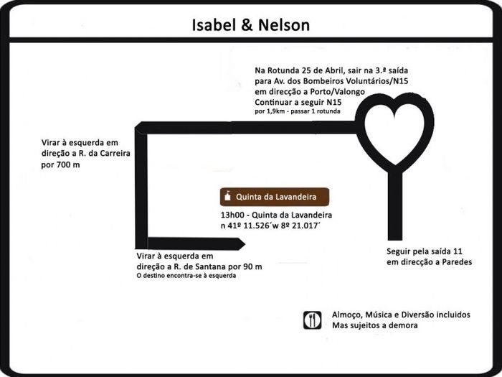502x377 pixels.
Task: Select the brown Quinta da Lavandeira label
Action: point(274,197)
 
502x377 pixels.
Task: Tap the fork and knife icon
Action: point(312,320)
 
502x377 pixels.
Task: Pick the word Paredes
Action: point(459,261)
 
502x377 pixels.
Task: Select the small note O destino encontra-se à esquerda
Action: point(186,276)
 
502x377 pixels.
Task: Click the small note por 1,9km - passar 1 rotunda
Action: point(297,113)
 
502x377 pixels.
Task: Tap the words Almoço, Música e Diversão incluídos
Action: point(401,315)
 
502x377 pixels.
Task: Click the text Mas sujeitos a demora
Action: point(374,325)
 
